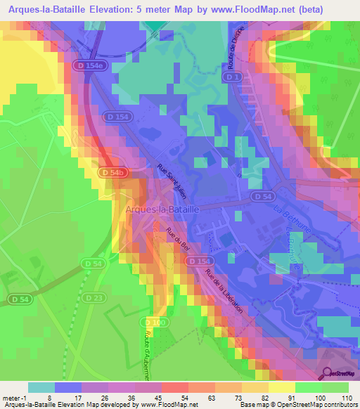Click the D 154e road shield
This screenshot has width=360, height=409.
(x=89, y=65)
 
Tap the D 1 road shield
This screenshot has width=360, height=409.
(x=234, y=77)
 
